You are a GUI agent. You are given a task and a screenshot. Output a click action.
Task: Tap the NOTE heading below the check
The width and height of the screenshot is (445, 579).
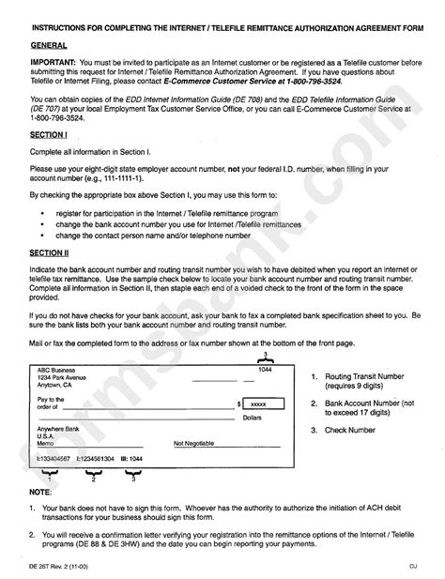coord(40,492)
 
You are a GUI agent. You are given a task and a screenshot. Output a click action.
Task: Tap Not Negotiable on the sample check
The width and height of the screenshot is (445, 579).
coord(194,442)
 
